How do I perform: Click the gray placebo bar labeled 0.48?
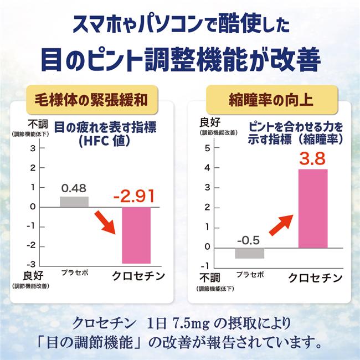click(x=74, y=202)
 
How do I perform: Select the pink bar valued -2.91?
click(x=136, y=235)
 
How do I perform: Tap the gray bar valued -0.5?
click(x=249, y=253)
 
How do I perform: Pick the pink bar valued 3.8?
click(x=313, y=208)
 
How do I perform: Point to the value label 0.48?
click(x=74, y=188)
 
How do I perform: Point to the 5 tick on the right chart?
click(x=207, y=148)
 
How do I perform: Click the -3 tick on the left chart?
click(x=33, y=264)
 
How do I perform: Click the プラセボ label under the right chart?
click(x=250, y=275)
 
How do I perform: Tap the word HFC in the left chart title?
click(x=90, y=142)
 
